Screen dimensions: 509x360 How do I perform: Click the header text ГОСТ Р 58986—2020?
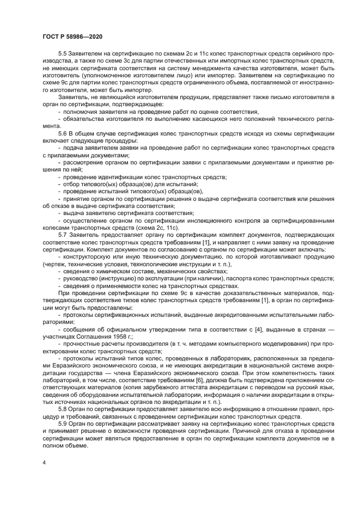point(72,36)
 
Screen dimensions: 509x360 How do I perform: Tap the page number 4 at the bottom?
point(44,463)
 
